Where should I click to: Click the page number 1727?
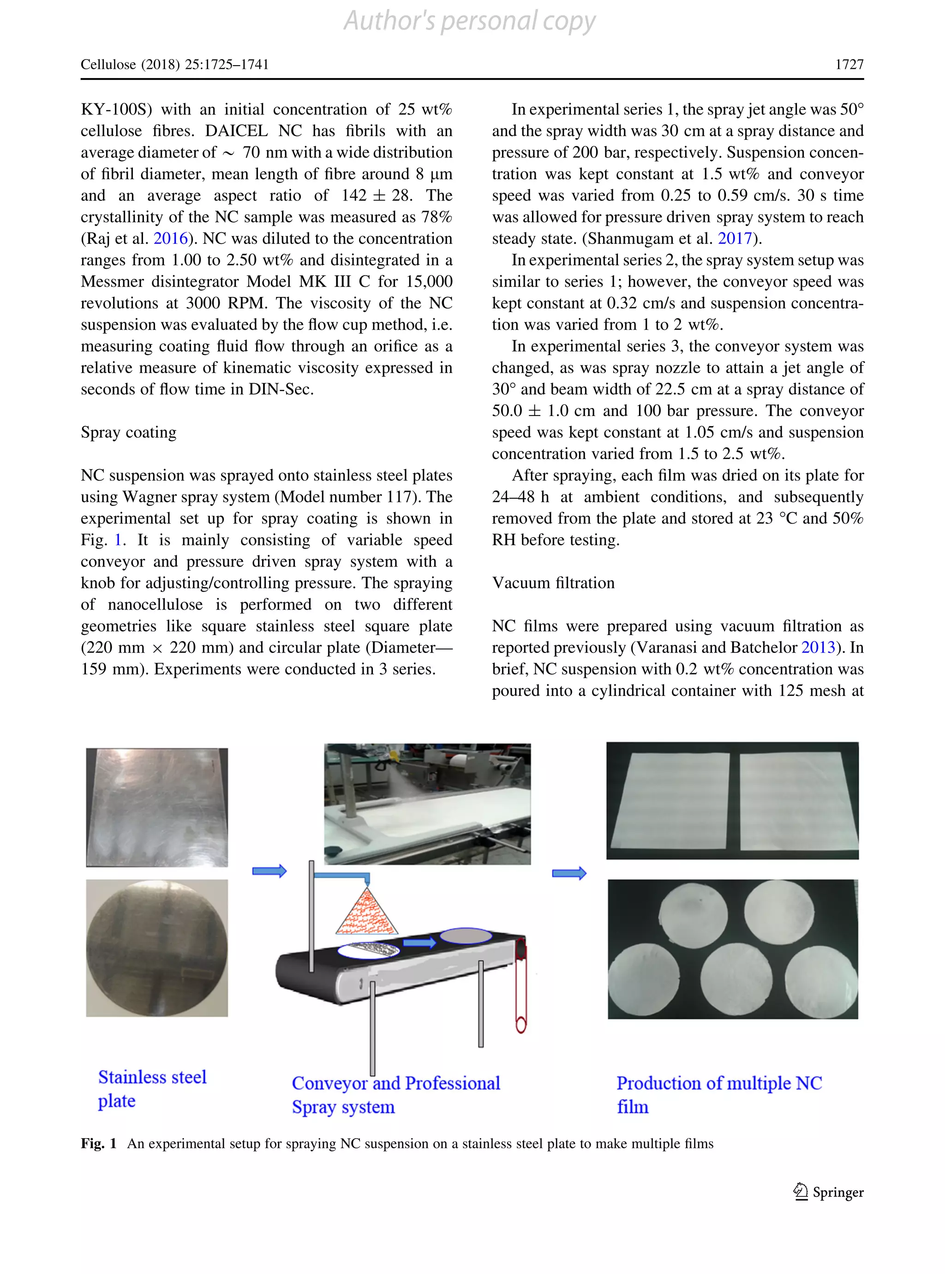click(849, 64)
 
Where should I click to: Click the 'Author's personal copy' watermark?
click(469, 21)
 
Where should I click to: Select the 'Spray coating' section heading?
click(129, 432)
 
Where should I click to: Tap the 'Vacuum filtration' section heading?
click(553, 583)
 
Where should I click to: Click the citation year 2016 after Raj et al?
click(170, 239)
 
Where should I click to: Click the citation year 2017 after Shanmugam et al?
click(735, 239)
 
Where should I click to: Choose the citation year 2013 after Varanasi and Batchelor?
click(818, 647)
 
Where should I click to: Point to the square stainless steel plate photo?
click(157, 807)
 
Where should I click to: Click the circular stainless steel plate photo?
click(157, 948)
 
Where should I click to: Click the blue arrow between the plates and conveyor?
click(269, 871)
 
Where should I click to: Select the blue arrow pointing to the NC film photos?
click(569, 873)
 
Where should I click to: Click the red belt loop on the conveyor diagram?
click(520, 984)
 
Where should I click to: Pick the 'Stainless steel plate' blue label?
click(152, 1088)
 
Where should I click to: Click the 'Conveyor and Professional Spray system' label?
click(395, 1094)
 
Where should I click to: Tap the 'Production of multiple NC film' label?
click(718, 1094)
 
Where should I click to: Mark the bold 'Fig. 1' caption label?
click(98, 1143)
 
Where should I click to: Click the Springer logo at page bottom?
click(828, 1192)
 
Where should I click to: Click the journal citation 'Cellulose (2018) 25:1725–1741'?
click(174, 64)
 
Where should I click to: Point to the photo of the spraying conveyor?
click(427, 803)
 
